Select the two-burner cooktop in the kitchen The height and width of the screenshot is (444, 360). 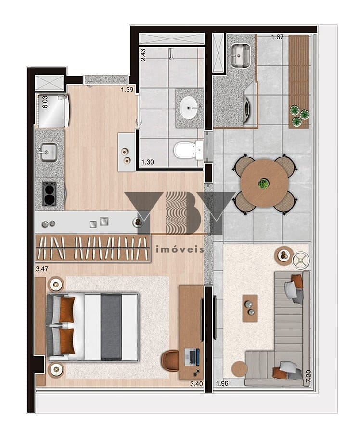(x=50, y=194)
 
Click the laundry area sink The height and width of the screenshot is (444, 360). (x=240, y=56)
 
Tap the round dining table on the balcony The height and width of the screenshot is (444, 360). (x=264, y=183)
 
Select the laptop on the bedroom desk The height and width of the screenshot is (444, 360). (x=192, y=357)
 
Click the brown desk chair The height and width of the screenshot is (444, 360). (x=170, y=361)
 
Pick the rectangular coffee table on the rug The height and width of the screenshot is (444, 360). (x=250, y=308)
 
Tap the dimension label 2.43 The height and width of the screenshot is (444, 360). (x=143, y=54)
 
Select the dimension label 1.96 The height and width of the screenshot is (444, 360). (x=222, y=384)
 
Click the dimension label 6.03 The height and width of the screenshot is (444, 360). (x=45, y=102)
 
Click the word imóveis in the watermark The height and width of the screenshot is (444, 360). (x=180, y=249)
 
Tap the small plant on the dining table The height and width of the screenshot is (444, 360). (x=263, y=183)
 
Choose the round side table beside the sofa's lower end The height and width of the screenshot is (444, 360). (x=239, y=369)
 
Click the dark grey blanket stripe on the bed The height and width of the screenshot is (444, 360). (x=111, y=327)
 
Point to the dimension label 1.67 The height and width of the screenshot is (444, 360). (x=277, y=37)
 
